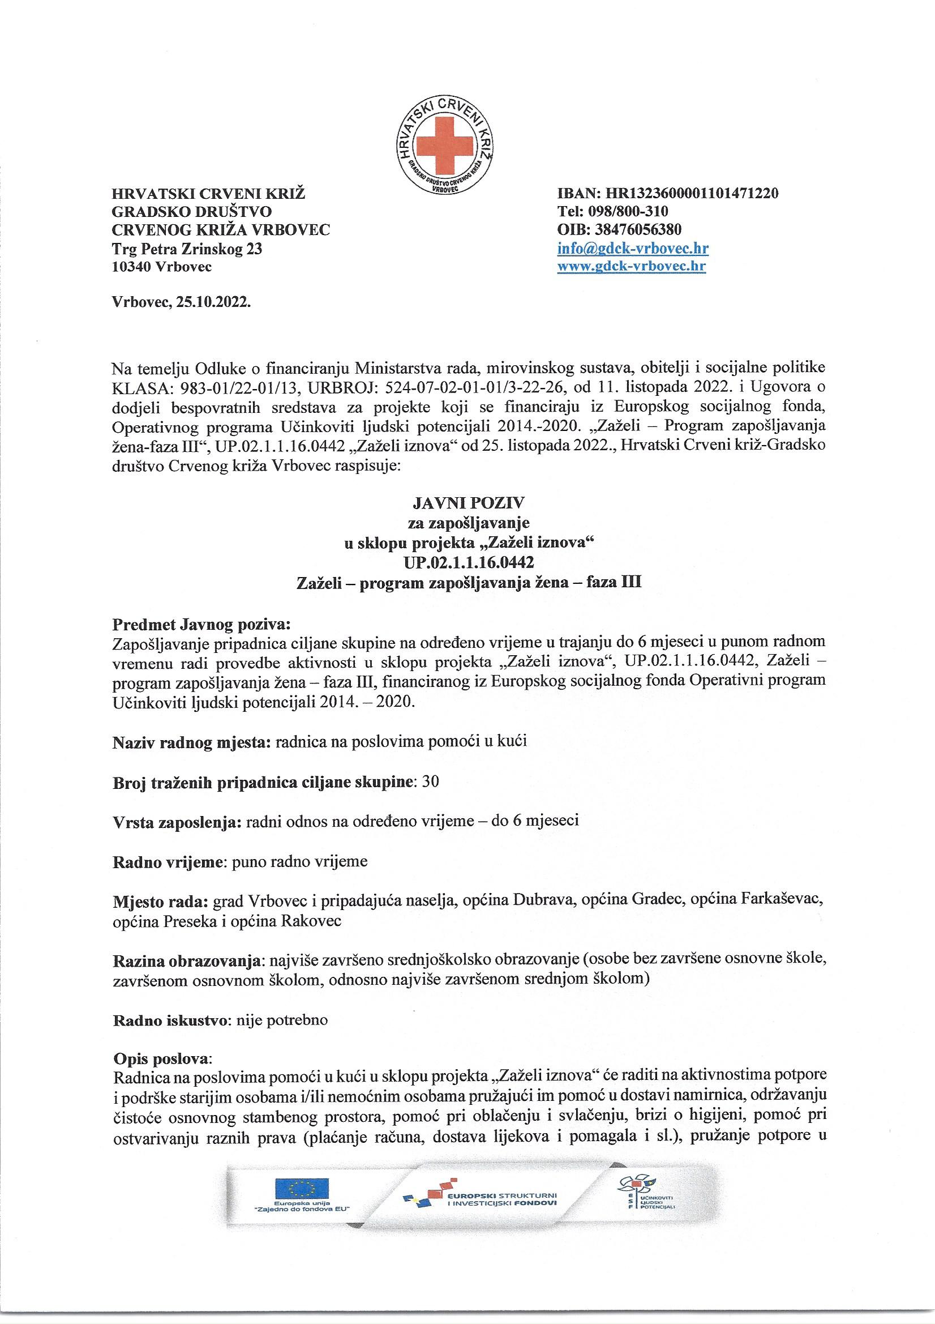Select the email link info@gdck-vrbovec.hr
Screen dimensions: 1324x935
632,249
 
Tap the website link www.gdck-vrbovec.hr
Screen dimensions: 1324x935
631,266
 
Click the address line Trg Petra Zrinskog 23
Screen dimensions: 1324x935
187,249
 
